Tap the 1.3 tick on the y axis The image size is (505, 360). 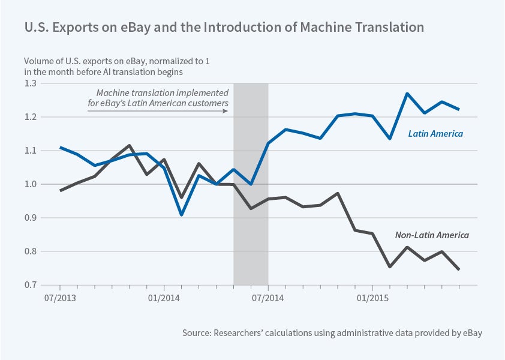30,83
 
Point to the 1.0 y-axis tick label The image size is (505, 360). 30,184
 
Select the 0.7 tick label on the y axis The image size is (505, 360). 30,285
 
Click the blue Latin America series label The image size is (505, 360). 435,134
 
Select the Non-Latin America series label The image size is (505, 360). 431,235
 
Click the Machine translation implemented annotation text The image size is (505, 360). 163,98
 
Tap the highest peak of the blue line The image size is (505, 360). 407,94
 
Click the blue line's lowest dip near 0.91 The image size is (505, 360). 182,214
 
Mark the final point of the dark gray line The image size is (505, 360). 459,270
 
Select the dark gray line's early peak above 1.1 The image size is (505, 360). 130,145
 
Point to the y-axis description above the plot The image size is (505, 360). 107,66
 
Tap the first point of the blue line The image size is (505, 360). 60,147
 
